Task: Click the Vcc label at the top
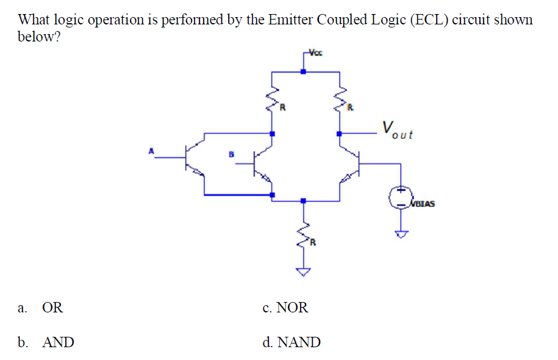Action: [x=315, y=52]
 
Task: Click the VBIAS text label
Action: [x=423, y=203]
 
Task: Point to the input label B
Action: [x=231, y=154]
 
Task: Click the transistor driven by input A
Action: [x=194, y=160]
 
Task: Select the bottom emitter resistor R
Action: [x=303, y=234]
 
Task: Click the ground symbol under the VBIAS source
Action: [x=401, y=232]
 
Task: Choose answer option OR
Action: [x=52, y=308]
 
